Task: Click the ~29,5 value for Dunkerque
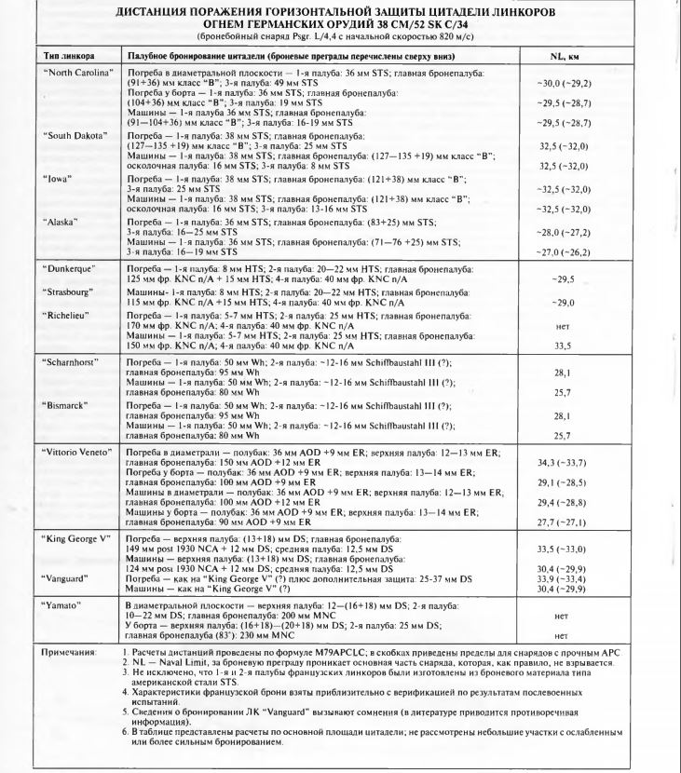pos(562,278)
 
